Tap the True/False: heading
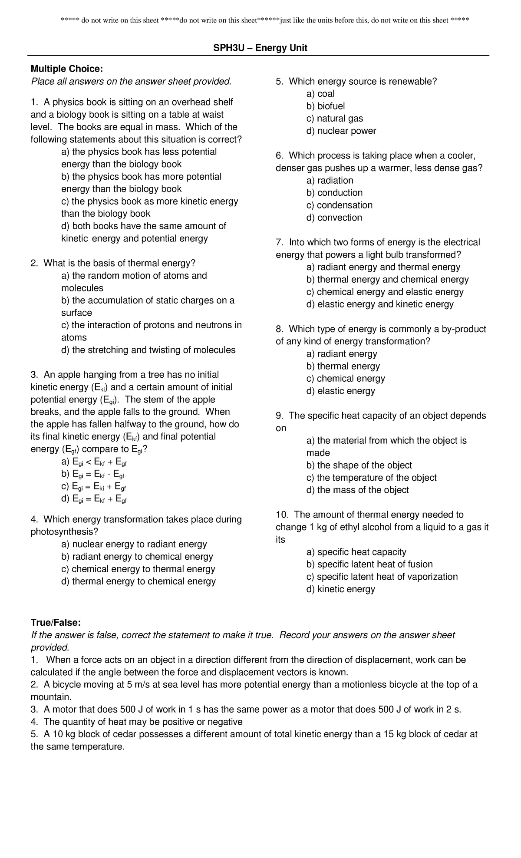tap(55, 623)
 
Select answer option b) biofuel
tap(325, 106)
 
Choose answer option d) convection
tap(334, 218)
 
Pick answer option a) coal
tap(320, 94)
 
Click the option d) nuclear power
tap(341, 131)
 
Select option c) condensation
tap(339, 205)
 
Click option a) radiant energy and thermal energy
tap(383, 267)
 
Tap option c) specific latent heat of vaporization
tap(382, 577)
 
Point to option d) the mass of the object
tap(357, 490)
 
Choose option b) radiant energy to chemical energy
tap(137, 557)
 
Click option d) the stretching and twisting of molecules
tap(148, 350)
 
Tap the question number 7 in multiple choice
tap(279, 242)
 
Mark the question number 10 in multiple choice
tap(282, 515)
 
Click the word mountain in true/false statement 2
tap(50, 697)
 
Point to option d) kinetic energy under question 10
tap(340, 589)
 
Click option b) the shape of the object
tap(359, 465)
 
